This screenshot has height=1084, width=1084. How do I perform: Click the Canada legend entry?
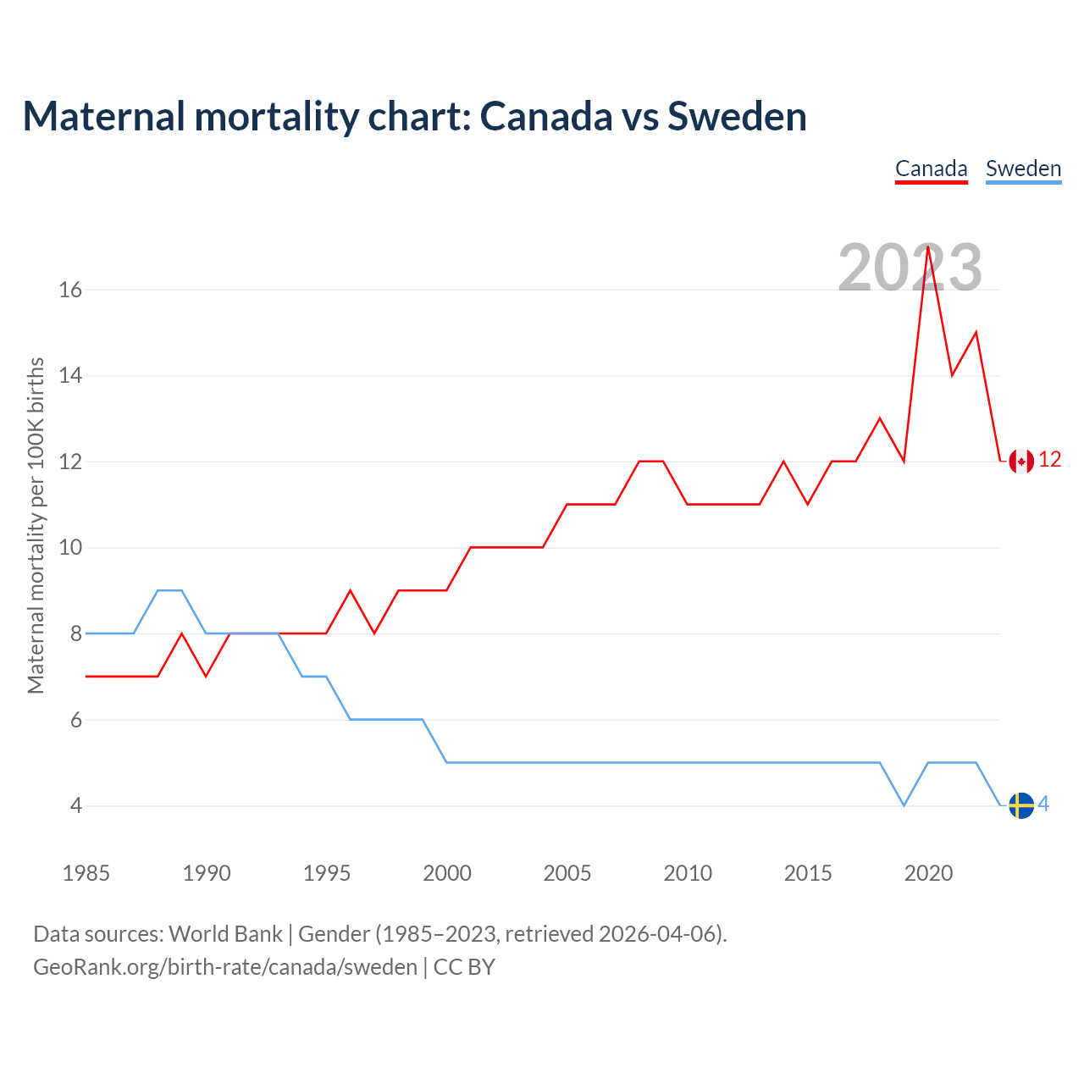click(931, 169)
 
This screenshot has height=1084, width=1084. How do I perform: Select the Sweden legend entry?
click(1023, 169)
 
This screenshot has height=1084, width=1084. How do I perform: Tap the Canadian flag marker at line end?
click(1021, 461)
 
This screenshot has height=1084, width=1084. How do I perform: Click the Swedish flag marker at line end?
click(1021, 805)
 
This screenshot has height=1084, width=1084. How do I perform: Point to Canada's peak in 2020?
click(928, 247)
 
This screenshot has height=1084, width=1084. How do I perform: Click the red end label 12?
click(1049, 460)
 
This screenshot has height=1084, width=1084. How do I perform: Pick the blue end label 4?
click(1043, 804)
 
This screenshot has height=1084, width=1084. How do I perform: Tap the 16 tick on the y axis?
click(70, 290)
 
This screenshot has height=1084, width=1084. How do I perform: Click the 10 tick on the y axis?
click(70, 548)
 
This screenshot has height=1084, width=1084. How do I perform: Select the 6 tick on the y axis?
click(76, 720)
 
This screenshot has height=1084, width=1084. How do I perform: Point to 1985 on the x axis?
click(86, 873)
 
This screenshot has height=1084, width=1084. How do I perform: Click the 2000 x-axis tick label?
click(447, 873)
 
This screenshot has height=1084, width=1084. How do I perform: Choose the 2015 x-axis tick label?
click(808, 873)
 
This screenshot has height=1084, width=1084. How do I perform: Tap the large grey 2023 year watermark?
click(910, 268)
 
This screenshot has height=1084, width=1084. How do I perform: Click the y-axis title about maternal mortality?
click(36, 525)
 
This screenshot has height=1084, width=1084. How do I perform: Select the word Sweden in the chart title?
click(737, 117)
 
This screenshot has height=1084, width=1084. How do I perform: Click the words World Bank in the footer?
click(225, 934)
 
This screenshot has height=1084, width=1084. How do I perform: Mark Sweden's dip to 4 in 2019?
click(904, 805)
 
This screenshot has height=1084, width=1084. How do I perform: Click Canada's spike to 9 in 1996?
click(350, 591)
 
